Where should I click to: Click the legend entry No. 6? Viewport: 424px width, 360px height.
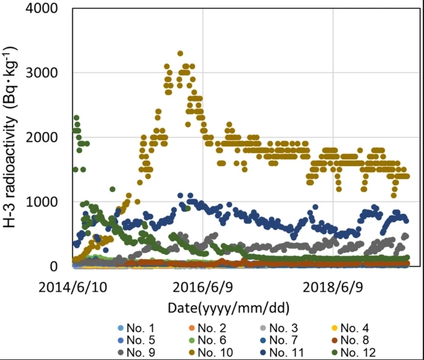click(213, 341)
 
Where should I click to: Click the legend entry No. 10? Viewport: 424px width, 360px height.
click(216, 353)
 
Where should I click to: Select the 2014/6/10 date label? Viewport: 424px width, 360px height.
click(71, 287)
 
